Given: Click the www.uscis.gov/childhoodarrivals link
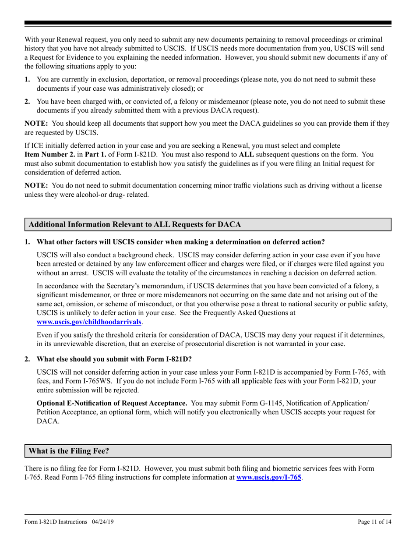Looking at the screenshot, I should [89, 322].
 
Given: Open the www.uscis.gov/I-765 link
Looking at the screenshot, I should [269, 477].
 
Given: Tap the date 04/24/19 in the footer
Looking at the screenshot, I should [103, 522].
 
